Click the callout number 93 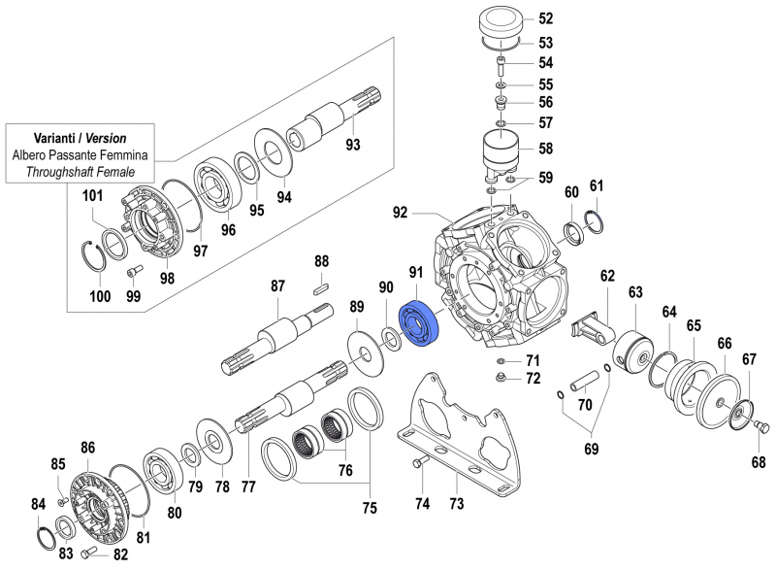353,146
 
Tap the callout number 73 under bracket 456,503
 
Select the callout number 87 277,285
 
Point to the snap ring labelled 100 94,260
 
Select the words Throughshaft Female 81,172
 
